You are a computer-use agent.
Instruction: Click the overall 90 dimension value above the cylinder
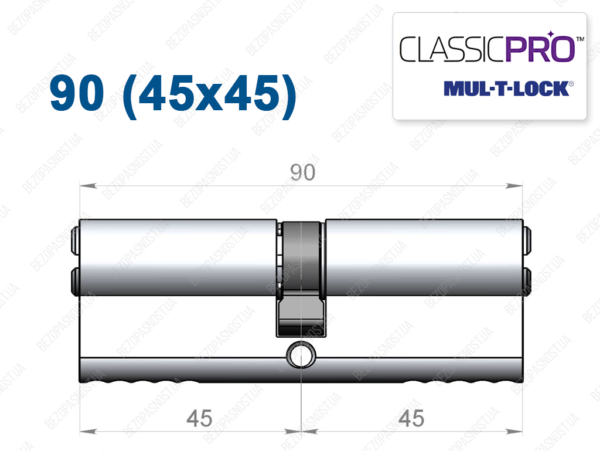pos(303,172)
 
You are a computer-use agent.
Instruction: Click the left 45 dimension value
pos(199,418)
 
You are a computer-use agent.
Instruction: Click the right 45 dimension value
pos(411,418)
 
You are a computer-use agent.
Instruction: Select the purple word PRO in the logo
pos(541,49)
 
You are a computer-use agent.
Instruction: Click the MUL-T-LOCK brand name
pos(507,89)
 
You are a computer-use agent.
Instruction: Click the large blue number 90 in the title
pos(77,93)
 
